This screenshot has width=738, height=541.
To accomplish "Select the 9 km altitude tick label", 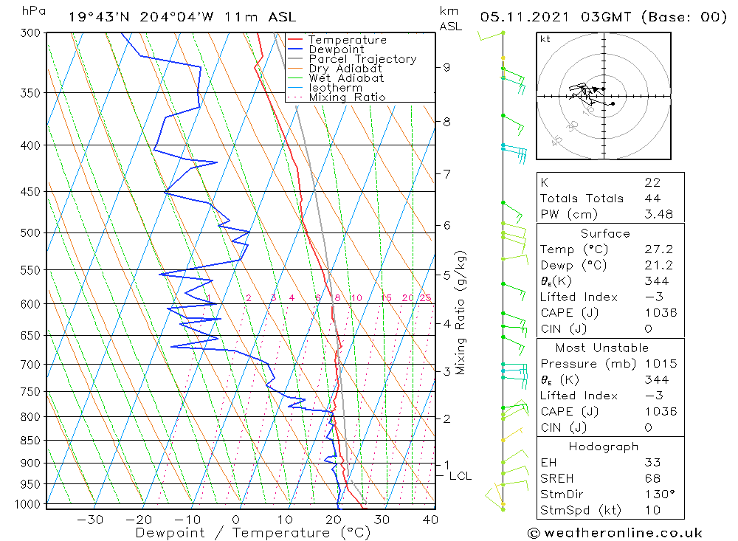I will [446, 67].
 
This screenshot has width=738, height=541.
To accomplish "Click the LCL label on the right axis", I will [460, 476].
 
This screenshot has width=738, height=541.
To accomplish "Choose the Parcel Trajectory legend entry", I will [362, 59].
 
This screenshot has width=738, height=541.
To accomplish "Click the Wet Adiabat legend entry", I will [346, 78].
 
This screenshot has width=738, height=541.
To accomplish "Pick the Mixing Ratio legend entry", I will [347, 97].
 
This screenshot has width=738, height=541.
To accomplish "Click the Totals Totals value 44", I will [652, 198].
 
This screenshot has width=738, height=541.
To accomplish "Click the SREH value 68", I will [652, 478].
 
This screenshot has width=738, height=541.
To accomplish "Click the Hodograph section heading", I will [604, 447].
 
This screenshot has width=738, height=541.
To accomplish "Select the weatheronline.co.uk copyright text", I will [615, 533].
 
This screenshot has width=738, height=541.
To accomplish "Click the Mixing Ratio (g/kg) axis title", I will [461, 312].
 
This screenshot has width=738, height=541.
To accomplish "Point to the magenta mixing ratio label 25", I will [425, 298].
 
